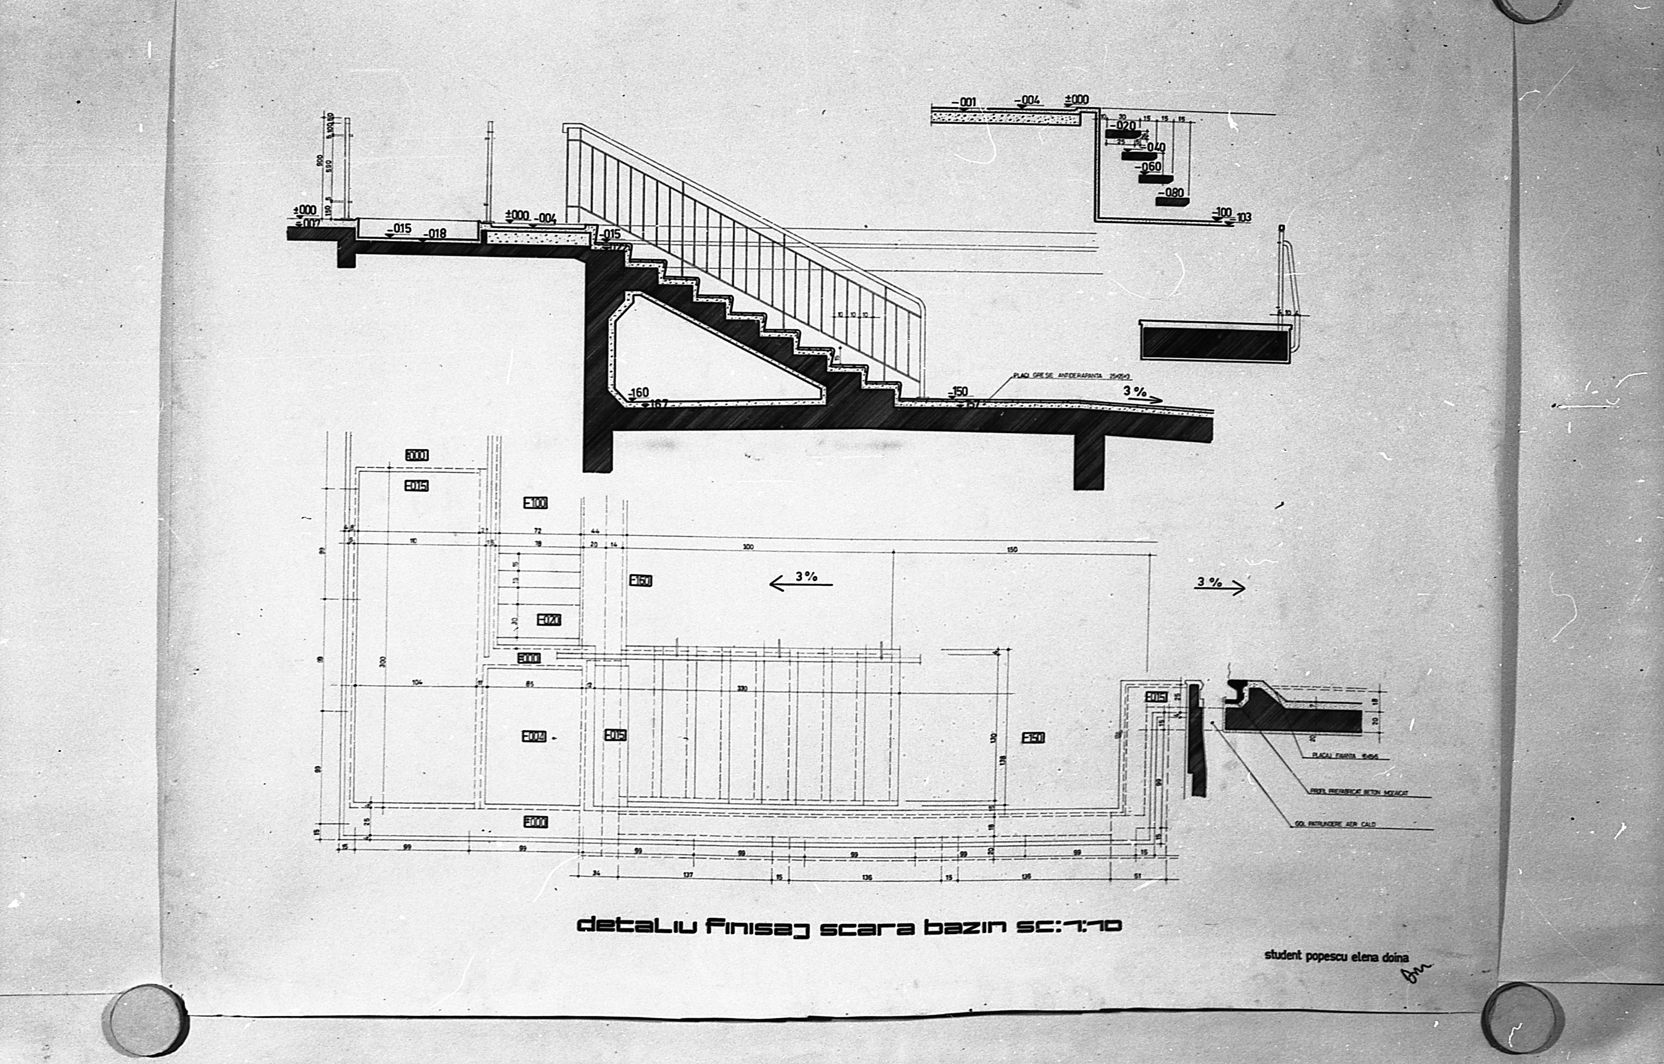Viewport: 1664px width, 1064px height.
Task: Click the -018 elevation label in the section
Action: coord(435,234)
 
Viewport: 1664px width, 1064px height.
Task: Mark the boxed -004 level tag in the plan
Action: coord(534,736)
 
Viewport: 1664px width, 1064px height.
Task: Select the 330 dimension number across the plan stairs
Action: coord(742,689)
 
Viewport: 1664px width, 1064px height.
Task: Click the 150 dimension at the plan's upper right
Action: coord(1012,550)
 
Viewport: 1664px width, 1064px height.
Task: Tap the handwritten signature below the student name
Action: coord(1414,974)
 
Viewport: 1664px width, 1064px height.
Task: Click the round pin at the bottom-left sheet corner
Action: coord(145,1020)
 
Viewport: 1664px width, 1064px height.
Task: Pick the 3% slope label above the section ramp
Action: coord(1135,391)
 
